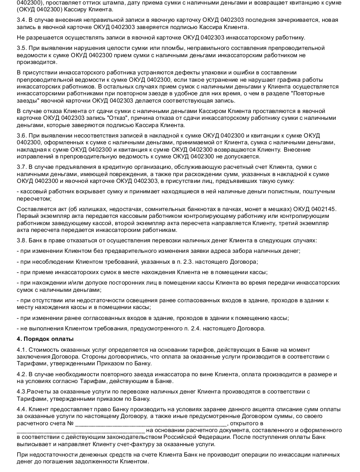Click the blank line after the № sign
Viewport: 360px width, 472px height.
pos(150,423)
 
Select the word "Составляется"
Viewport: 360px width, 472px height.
pos(35,209)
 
